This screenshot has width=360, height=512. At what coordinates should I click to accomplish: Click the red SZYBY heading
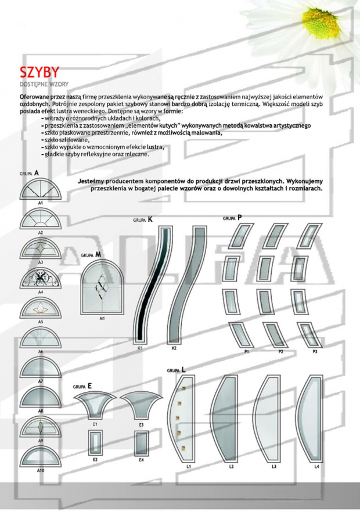[39, 73]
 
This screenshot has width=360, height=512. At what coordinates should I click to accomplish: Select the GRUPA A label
[28, 174]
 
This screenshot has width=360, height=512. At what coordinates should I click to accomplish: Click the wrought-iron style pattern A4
[40, 280]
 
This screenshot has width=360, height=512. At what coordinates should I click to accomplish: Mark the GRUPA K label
[143, 220]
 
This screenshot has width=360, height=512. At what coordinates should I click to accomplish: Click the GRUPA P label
[232, 218]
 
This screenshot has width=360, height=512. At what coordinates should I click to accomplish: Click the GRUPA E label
[82, 385]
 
